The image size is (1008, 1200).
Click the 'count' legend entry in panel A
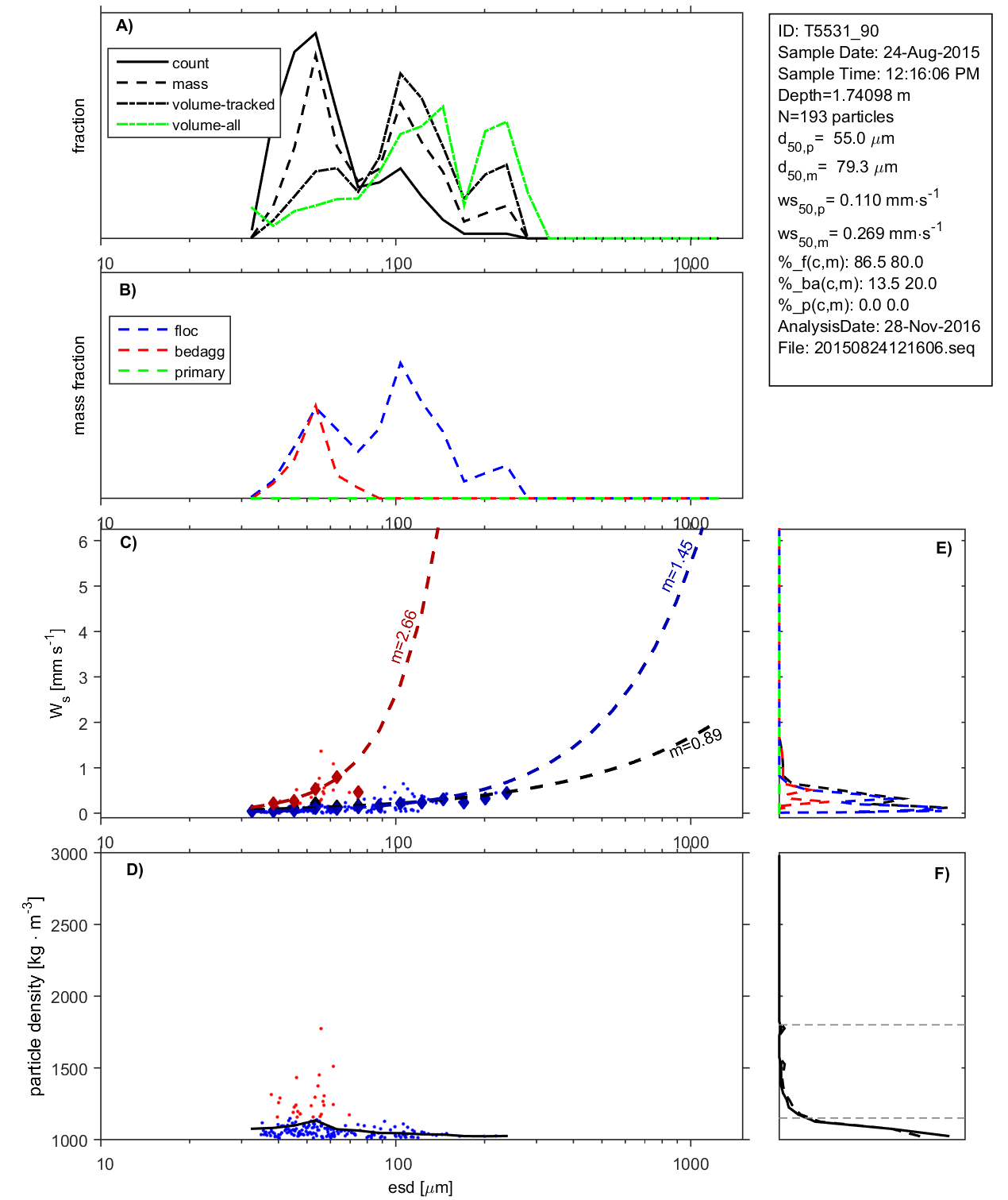click(x=190, y=64)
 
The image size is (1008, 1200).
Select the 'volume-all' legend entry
click(x=206, y=125)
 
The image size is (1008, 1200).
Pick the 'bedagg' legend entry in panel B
click(x=199, y=352)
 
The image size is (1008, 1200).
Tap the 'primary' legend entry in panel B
click(x=199, y=372)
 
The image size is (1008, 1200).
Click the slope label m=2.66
click(x=404, y=636)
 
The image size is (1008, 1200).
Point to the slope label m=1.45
click(x=677, y=565)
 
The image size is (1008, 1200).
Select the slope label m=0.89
click(x=695, y=743)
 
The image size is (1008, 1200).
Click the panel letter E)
click(x=943, y=549)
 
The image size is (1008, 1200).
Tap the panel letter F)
click(x=941, y=874)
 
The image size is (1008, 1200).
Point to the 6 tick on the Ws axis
click(x=83, y=542)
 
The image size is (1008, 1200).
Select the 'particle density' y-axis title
click(x=36, y=997)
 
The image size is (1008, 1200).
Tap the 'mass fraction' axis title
click(x=79, y=385)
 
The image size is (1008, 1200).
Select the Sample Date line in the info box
click(x=879, y=52)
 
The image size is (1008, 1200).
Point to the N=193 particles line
click(x=835, y=117)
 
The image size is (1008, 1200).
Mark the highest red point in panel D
click(x=321, y=1028)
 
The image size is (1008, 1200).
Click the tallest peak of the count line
click(x=316, y=33)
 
